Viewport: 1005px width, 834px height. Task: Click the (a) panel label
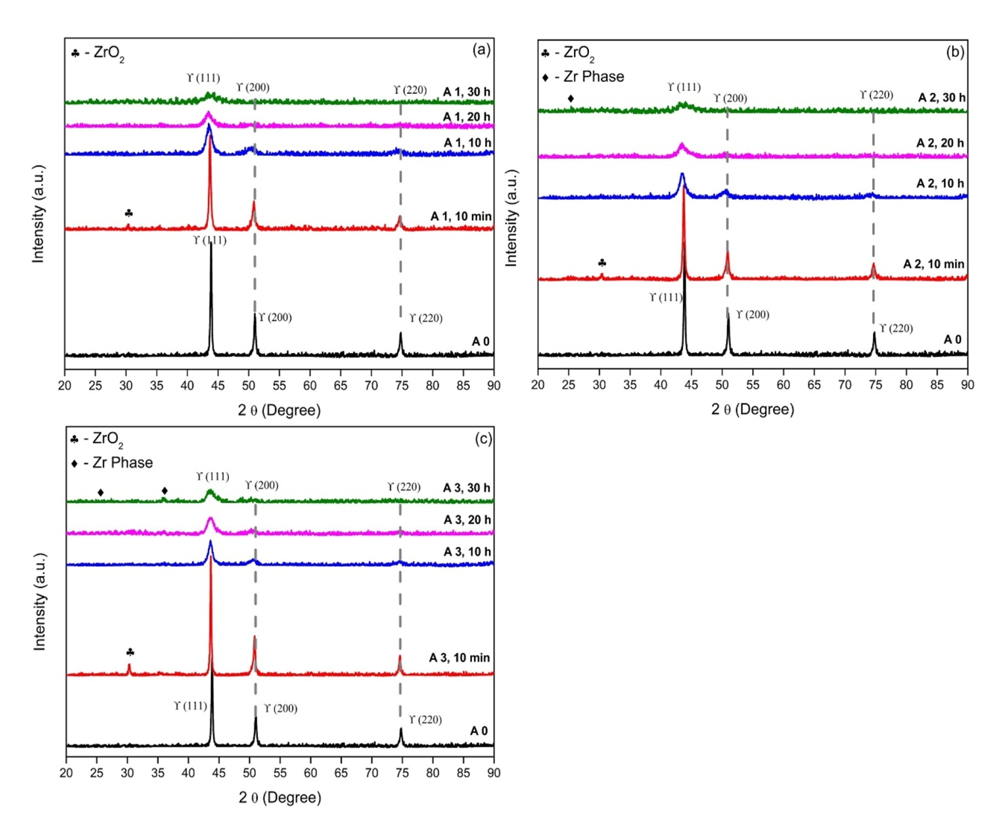click(481, 50)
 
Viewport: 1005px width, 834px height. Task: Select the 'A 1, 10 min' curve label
click(461, 216)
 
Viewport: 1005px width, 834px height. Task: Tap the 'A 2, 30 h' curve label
click(941, 98)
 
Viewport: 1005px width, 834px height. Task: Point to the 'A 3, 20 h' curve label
click(467, 520)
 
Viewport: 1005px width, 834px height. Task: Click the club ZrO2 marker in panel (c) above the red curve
click(130, 652)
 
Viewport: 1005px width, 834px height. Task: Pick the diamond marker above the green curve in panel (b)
click(571, 98)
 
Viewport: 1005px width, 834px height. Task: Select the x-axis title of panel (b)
click(752, 410)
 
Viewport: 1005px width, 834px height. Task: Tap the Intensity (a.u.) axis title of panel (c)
click(40, 601)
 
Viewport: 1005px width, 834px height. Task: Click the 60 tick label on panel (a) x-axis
click(309, 386)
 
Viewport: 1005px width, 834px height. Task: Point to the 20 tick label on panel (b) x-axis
click(538, 385)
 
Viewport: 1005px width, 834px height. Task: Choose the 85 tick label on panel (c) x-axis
click(464, 773)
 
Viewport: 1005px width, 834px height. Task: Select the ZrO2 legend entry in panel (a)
click(98, 54)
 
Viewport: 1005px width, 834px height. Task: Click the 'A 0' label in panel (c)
click(479, 731)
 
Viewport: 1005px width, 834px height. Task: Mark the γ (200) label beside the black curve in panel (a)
click(275, 318)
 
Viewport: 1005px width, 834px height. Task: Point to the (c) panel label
click(483, 439)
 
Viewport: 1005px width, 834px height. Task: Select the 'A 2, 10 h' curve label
click(941, 184)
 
